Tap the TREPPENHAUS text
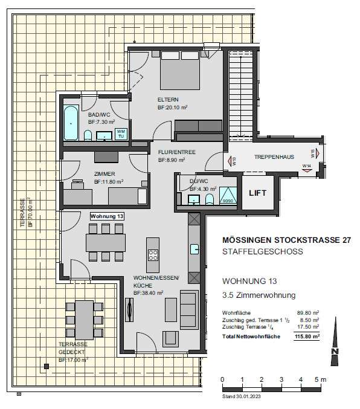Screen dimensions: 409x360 click(274, 157)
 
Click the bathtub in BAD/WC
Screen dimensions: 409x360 click(71, 123)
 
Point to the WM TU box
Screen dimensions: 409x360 click(121, 133)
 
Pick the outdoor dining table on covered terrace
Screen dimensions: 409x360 click(83, 320)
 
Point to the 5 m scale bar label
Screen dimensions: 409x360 click(321, 379)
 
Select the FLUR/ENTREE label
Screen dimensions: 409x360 click(176, 152)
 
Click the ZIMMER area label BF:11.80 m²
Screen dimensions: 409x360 click(109, 181)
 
